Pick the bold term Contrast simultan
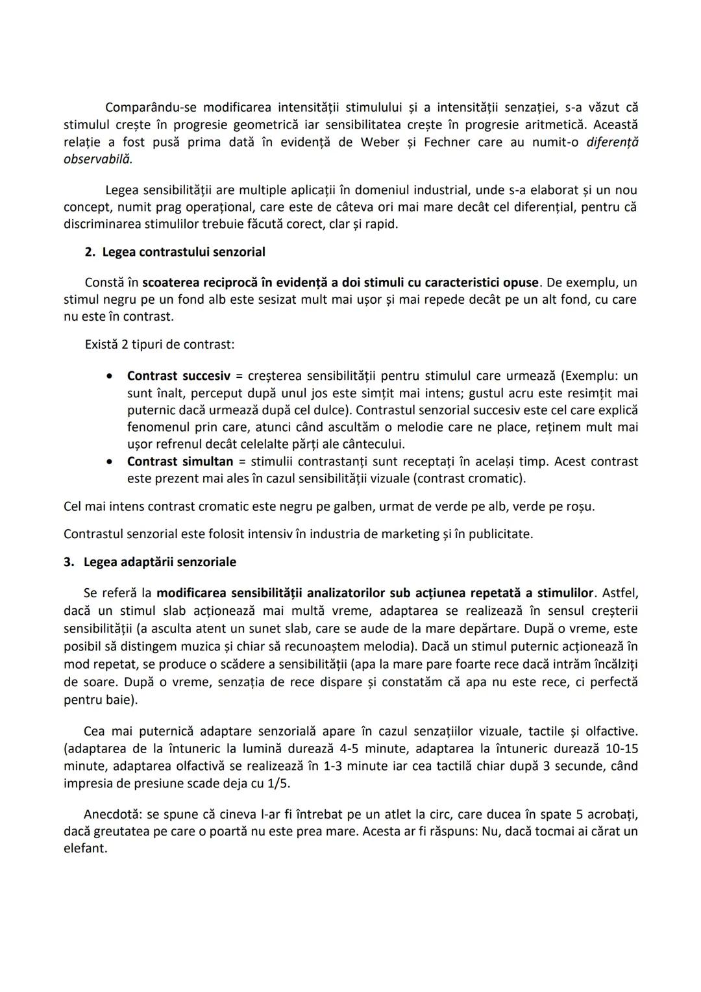click(180, 462)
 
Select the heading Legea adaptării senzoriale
click(160, 562)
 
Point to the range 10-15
click(622, 749)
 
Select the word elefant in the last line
click(84, 849)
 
